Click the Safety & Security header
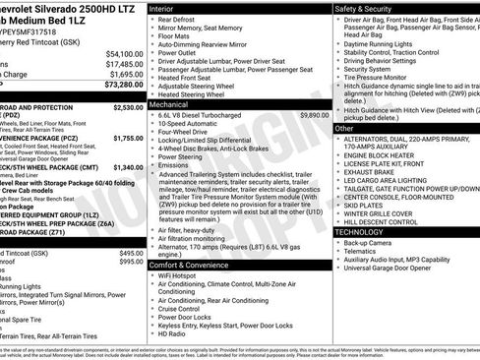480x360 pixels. [x=365, y=8]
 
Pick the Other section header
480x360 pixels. [x=344, y=128]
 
